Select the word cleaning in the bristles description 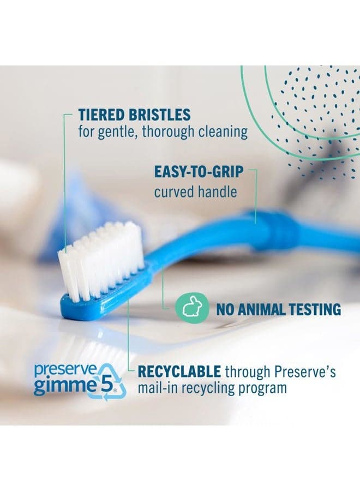(223, 132)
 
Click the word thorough (168, 132)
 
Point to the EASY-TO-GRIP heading (199, 172)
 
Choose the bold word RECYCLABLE (179, 372)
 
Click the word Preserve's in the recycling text (305, 372)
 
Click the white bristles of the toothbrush (101, 259)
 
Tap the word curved (177, 191)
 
